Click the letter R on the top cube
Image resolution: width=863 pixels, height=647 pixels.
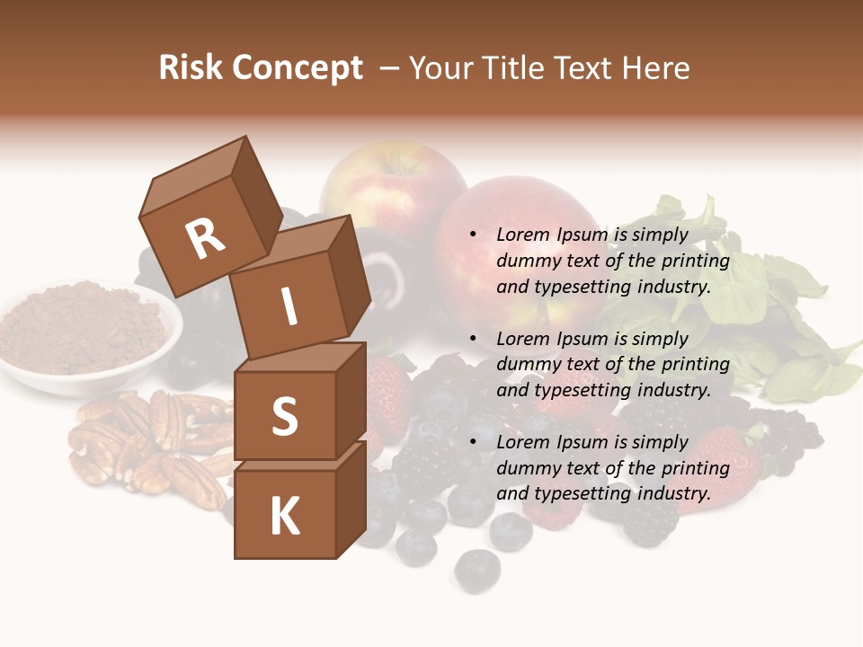pos(205,238)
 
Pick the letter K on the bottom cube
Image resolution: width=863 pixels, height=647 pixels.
pos(284,517)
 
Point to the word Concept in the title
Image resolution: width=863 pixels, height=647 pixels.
pos(298,68)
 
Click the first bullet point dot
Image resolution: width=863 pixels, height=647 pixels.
pos(474,235)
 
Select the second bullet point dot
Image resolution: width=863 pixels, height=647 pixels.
pos(474,340)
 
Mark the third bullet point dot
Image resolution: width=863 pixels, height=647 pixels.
pos(474,443)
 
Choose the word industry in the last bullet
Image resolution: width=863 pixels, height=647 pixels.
pos(675,493)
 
